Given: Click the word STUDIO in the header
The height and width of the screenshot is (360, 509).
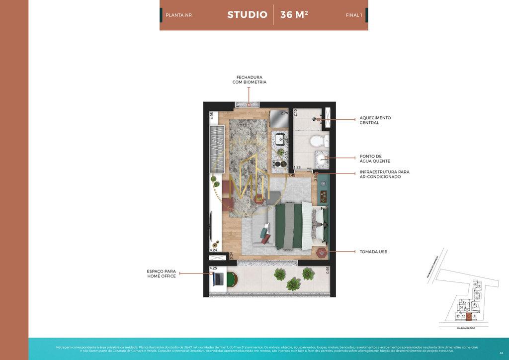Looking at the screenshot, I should coord(247,15).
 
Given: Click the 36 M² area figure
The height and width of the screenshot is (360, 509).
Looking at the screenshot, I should coord(294,15).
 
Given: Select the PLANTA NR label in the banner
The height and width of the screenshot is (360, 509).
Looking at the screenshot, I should coord(178,15).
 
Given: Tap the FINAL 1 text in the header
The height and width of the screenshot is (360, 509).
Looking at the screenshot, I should coord(354,15).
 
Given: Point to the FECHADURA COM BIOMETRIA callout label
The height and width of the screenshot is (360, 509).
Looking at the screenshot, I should coord(250,80).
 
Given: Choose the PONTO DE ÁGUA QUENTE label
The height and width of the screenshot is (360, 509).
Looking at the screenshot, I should coord(375,159).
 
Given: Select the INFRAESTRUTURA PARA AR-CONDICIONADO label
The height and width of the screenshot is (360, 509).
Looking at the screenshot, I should coord(384,174).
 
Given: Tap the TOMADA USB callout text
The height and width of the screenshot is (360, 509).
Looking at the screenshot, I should coord(373,252).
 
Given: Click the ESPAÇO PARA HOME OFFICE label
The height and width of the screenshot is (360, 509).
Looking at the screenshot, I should coord(161,273).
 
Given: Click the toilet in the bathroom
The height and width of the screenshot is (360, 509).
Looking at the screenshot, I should coord(317,141).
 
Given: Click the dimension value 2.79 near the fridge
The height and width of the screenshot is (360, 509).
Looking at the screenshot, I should coord(284,113).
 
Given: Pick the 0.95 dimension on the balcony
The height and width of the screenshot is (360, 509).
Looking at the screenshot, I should coord(328,270).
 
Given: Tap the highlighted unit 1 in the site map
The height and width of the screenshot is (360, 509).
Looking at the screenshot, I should coord(468,316).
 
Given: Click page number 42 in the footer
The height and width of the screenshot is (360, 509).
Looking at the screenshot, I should coord(501,352).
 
